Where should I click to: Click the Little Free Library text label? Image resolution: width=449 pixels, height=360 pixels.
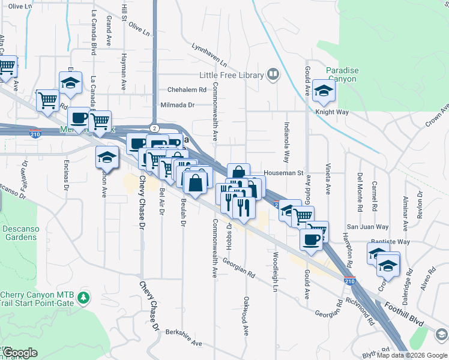coord(232,75)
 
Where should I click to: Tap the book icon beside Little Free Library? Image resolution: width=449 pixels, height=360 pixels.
coord(273,74)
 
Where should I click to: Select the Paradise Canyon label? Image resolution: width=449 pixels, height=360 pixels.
coord(342,74)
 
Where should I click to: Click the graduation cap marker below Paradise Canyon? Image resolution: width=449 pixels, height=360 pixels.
coord(324,91)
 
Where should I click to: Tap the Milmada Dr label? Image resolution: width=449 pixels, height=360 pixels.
coord(178,104)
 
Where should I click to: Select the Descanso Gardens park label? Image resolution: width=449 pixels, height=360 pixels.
coord(19,233)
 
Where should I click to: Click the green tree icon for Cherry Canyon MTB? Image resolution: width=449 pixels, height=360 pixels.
coord(84,297)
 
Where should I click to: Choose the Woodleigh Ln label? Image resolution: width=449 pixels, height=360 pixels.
coord(276,274)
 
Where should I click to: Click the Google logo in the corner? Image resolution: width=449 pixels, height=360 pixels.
coord(20,353)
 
